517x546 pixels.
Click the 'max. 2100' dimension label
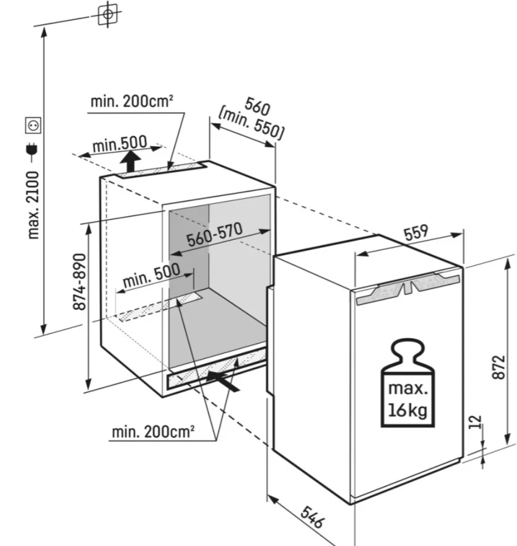point(34,205)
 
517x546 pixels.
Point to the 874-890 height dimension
point(80,281)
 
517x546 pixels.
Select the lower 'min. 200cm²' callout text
point(153,432)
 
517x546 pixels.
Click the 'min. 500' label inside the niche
point(151,276)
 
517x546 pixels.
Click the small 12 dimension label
point(476,422)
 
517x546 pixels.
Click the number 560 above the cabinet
point(257,107)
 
